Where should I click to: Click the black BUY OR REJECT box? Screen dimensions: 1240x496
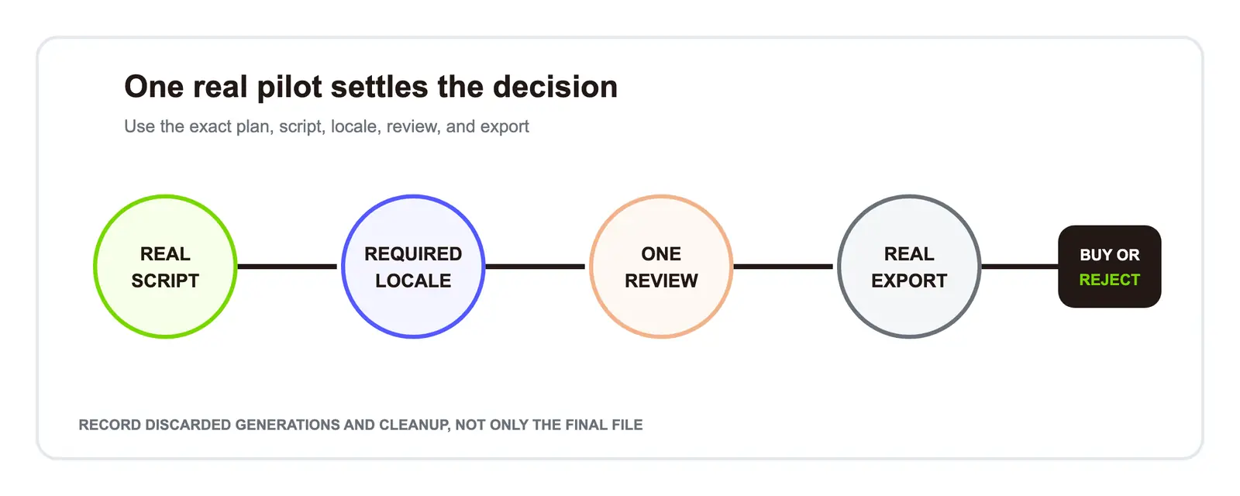coord(1109,267)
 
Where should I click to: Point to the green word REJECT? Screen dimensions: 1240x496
coord(1109,280)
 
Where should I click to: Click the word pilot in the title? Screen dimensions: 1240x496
coord(290,88)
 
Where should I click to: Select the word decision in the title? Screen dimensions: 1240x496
coord(555,87)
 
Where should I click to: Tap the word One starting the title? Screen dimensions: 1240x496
coord(154,87)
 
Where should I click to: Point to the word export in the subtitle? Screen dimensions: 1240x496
coord(505,127)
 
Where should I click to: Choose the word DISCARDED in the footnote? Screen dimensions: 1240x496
coord(188,425)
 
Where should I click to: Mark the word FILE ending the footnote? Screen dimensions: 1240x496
coord(627,425)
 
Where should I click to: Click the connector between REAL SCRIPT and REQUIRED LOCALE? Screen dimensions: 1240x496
coord(288,267)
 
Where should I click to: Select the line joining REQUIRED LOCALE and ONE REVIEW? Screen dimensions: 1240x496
coord(536,267)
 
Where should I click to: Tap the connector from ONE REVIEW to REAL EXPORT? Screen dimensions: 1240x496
coord(784,267)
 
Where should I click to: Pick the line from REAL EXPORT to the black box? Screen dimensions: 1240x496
coord(1020,267)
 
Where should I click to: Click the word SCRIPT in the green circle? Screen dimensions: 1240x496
coord(165,281)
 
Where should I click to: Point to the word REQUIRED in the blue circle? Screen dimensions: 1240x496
coord(413,254)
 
